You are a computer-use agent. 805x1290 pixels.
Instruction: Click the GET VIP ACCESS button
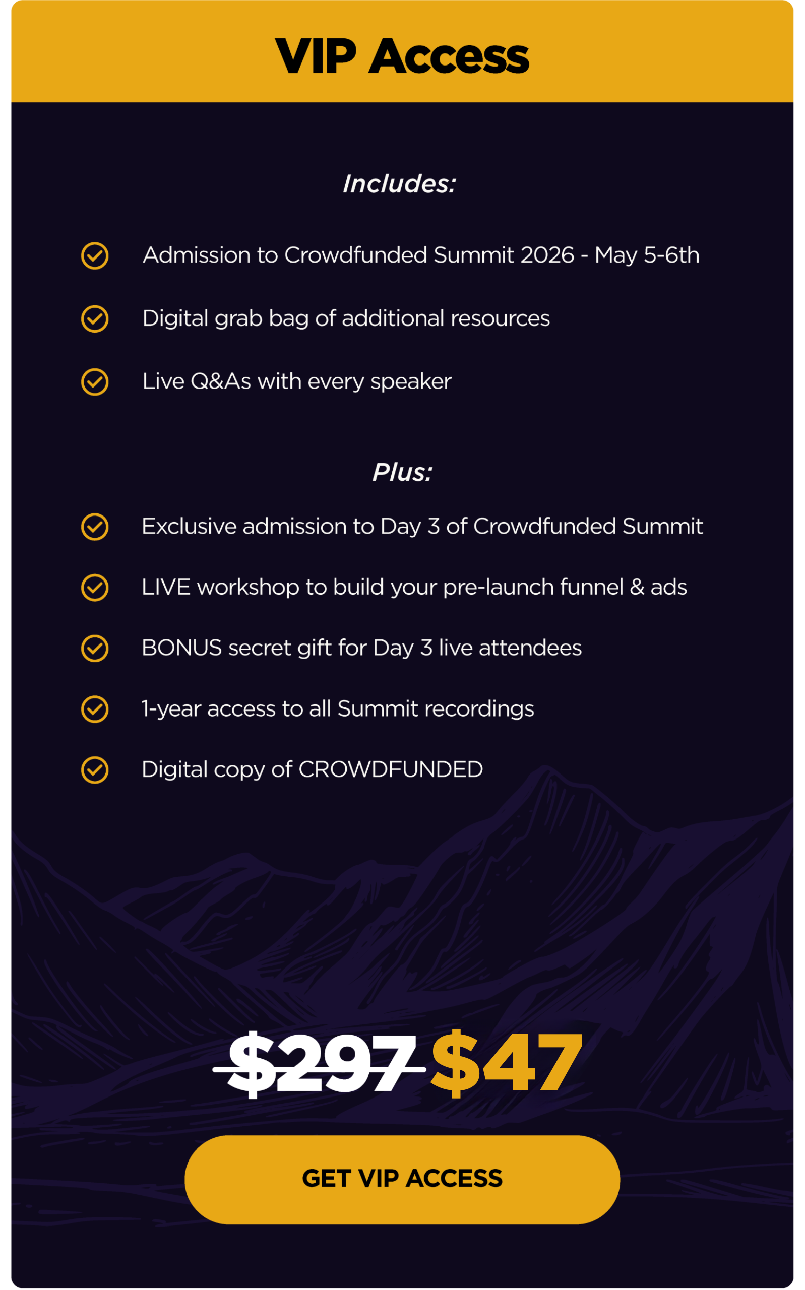point(402,1179)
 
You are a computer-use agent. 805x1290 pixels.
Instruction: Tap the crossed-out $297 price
point(320,1064)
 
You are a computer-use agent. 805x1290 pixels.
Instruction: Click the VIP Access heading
point(402,56)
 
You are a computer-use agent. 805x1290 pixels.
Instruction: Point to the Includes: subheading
point(399,184)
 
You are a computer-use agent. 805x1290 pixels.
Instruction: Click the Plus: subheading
point(402,473)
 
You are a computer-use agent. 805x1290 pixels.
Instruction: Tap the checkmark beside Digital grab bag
point(95,319)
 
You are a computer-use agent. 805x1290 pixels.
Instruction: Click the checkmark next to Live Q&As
point(95,382)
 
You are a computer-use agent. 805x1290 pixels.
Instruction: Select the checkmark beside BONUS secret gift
point(95,648)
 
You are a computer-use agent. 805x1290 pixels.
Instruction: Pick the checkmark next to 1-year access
point(95,709)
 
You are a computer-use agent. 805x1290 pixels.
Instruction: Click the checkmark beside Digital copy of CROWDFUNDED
point(95,770)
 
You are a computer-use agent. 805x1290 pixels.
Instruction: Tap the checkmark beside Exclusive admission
point(95,527)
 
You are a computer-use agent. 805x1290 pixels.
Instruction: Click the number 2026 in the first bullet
point(547,255)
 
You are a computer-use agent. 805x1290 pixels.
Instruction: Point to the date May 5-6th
point(647,256)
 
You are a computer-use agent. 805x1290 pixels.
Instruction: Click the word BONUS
point(182,648)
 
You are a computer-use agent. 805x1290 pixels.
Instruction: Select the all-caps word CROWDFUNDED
point(391,769)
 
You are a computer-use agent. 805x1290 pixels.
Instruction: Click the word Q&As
point(220,381)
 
